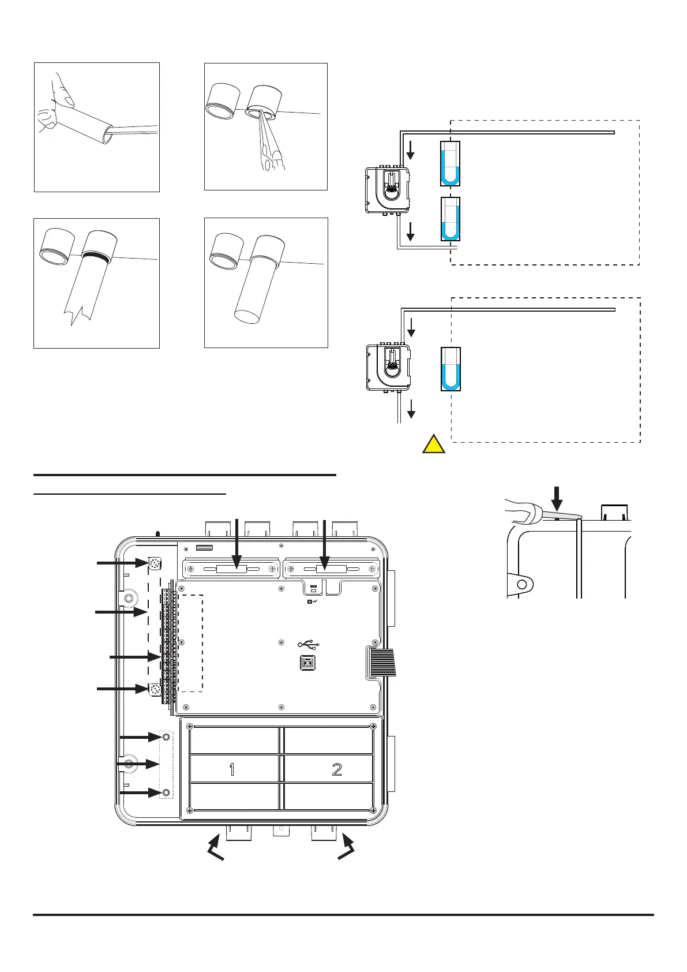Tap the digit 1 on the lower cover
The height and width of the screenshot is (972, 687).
click(232, 769)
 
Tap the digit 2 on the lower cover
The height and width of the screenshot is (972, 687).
click(337, 769)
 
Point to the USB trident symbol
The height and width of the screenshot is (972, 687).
click(309, 644)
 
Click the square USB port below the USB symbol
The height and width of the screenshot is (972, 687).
click(309, 663)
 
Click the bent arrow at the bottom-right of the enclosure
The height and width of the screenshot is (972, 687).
click(346, 850)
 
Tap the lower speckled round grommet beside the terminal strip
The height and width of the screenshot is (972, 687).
click(155, 689)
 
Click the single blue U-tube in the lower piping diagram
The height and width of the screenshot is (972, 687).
click(451, 369)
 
